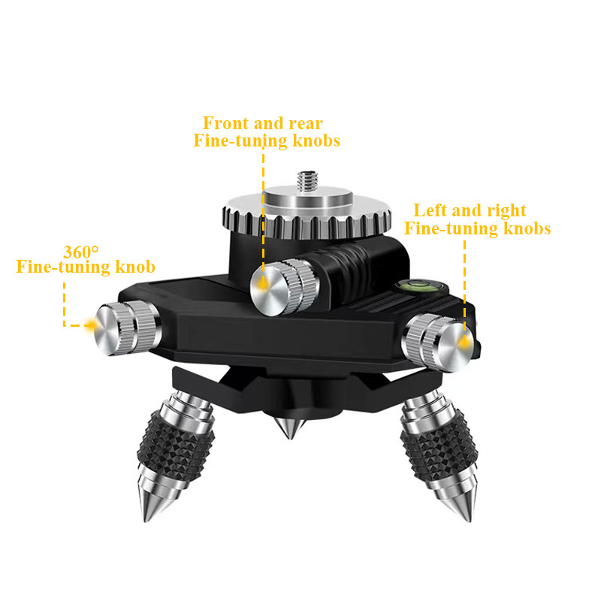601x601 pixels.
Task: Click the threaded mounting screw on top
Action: click(x=308, y=181)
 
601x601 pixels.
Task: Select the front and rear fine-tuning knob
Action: click(x=285, y=287)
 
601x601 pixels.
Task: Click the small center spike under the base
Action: click(x=289, y=427)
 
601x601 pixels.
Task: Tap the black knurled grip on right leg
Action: click(x=439, y=446)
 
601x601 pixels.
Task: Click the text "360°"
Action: click(x=81, y=252)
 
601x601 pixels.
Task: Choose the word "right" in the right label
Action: click(x=506, y=211)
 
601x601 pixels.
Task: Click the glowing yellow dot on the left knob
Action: click(x=90, y=325)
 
